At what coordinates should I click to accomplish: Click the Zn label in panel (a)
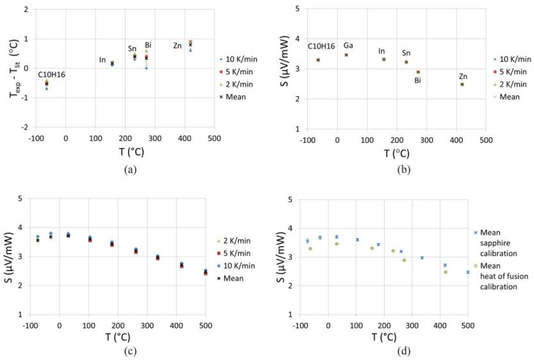[177, 46]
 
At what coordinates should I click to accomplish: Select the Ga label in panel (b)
[348, 45]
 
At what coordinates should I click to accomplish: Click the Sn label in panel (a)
[133, 48]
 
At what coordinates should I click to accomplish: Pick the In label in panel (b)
[382, 51]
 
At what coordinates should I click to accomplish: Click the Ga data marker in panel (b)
[346, 55]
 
